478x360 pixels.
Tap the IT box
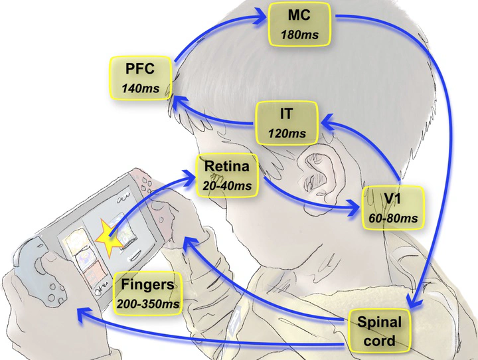coord(287,123)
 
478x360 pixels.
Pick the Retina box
coord(227,174)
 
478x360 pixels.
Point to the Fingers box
coord(148,293)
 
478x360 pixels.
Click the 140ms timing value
coord(141,87)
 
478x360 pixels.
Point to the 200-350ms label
coord(148,302)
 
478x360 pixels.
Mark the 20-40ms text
coord(228,185)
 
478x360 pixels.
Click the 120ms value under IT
coord(287,134)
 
